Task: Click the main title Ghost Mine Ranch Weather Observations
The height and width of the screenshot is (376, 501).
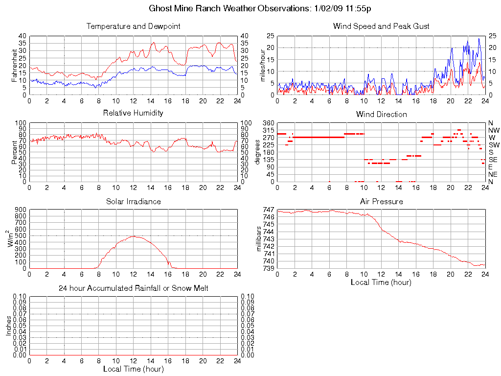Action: tap(260, 9)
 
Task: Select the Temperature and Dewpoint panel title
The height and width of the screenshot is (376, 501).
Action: tap(133, 26)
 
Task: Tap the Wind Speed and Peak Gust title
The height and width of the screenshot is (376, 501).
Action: tap(381, 26)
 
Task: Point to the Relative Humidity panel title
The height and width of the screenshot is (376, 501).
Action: tap(133, 113)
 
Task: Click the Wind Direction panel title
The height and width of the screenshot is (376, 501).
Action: tap(381, 114)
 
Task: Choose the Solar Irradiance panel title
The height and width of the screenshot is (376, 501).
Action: tap(133, 201)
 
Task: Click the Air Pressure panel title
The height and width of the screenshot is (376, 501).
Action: tap(381, 201)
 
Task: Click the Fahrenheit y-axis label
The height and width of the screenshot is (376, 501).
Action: tap(15, 65)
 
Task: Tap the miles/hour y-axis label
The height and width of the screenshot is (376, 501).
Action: tap(263, 65)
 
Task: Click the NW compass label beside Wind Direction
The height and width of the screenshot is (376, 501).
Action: tap(493, 130)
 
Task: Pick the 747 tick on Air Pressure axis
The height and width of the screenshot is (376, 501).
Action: tap(268, 210)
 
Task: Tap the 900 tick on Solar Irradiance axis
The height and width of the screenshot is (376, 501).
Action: tap(21, 210)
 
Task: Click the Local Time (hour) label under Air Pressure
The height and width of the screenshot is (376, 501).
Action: tap(381, 282)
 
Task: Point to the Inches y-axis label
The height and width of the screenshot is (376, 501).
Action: tap(8, 325)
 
